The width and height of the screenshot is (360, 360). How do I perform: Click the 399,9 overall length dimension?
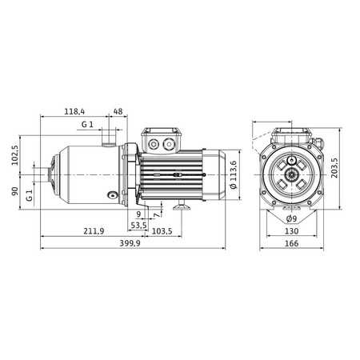coord(130,243)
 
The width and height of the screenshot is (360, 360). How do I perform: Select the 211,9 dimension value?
coord(94,231)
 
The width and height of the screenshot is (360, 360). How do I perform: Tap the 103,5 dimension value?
coord(162,231)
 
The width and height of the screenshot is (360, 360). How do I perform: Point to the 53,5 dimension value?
coord(139,226)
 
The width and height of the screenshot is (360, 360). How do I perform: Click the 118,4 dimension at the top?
coord(74,111)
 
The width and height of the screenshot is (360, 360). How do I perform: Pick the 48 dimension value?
coord(118,111)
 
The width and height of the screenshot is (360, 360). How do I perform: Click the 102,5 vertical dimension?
coord(15,155)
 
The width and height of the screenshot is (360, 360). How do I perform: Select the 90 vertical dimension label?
coord(15,191)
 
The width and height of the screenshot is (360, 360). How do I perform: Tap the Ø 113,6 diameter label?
coord(234,175)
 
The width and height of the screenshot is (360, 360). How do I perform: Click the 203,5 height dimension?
coord(334,168)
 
